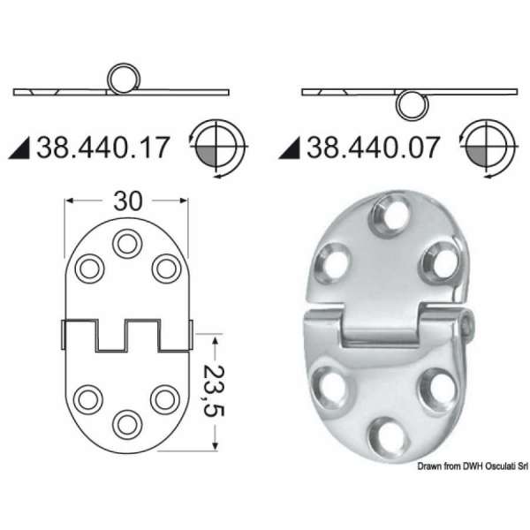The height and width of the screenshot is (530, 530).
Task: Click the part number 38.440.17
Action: point(102,147)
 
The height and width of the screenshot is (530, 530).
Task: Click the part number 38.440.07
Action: point(372,147)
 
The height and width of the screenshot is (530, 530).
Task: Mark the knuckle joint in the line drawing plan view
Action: point(126,335)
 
